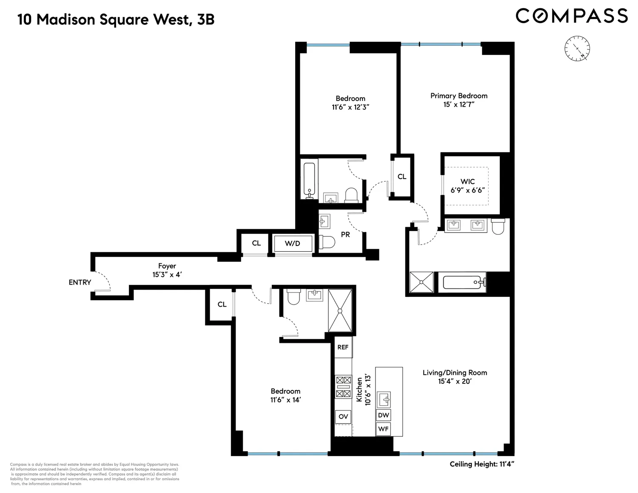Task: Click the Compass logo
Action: [x=572, y=16]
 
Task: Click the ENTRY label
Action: [x=80, y=282]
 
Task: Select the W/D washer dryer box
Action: [x=293, y=243]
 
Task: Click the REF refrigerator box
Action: [x=343, y=347]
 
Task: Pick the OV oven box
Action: [x=343, y=416]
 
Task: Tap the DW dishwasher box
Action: [x=384, y=415]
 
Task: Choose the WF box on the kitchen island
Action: [x=384, y=429]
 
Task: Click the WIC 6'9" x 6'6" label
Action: [x=467, y=186]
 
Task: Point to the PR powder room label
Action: [x=345, y=235]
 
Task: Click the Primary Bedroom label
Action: [x=459, y=100]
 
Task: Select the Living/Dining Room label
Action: [x=455, y=377]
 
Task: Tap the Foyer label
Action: [x=167, y=270]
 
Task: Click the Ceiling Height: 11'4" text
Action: [x=482, y=464]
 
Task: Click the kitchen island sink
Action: [x=384, y=399]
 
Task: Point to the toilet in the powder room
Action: [x=327, y=242]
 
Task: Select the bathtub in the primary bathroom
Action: [x=462, y=282]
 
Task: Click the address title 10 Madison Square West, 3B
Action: [x=116, y=20]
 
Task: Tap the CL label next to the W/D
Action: [x=256, y=243]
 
